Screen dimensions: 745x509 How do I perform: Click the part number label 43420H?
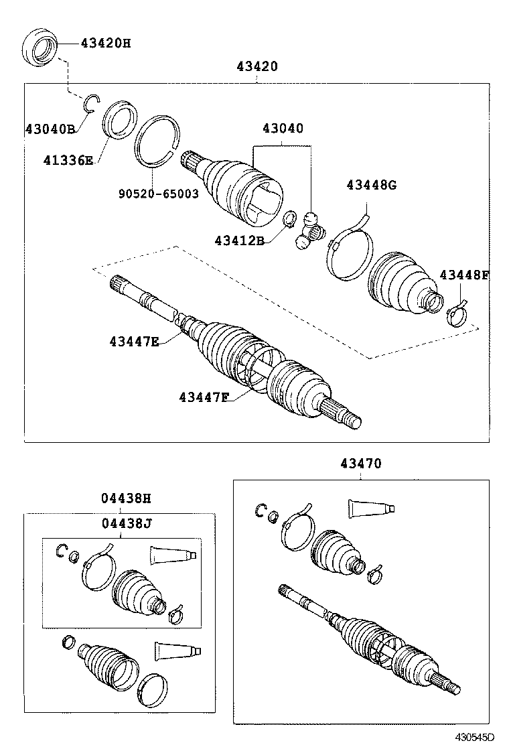point(106,44)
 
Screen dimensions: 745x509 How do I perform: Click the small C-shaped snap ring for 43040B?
point(91,102)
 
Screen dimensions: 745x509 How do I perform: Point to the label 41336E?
point(68,160)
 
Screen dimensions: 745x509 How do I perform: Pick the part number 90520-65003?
point(158,194)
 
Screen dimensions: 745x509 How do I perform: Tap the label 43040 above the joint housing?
point(283,128)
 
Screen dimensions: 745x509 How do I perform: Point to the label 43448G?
point(371,185)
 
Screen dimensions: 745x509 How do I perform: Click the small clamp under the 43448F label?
point(457,312)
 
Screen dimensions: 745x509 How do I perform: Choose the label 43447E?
point(134,341)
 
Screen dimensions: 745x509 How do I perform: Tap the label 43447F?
point(204,397)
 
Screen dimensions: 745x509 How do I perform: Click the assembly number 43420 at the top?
point(257,66)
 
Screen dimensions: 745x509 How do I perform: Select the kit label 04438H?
point(127,498)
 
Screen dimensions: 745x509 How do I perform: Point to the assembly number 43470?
point(361,463)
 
